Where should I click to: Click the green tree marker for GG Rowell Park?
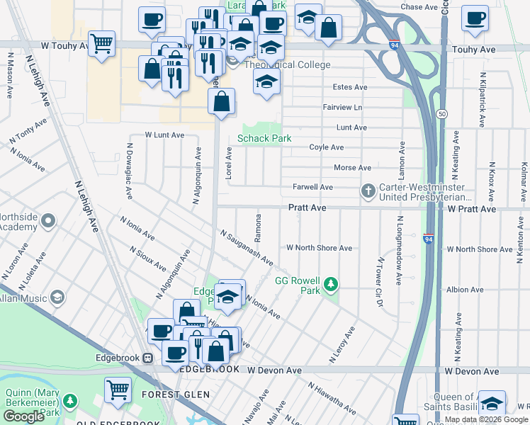pos(329,285)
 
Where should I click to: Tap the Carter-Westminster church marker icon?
pos(368,191)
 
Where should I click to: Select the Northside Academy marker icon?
pos(48,222)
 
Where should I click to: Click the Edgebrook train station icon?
pos(148,358)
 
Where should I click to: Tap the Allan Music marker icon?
pos(57,297)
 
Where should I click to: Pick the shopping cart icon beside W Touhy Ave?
pos(102,44)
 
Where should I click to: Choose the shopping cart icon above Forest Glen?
pos(118,389)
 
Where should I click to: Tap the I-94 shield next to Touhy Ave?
pos(393,45)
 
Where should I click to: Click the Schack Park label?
pos(264,139)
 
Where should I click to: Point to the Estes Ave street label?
pos(350,87)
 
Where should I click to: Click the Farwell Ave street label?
pos(312,187)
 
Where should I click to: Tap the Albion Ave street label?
pos(465,290)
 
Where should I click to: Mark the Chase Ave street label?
pos(420,7)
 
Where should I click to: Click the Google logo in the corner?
pos(23,416)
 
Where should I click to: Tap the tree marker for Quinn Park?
pos(69,402)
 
